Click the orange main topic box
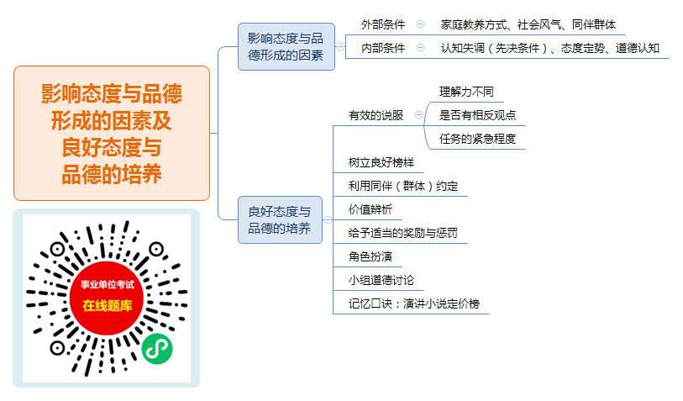point(112,134)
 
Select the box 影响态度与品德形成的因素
point(286,46)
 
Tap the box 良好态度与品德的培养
point(280,219)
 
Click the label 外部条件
point(383,24)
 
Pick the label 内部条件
point(383,48)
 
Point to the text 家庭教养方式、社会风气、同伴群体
point(528,24)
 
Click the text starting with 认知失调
point(549,48)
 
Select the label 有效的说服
point(376,115)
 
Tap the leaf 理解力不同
point(466,92)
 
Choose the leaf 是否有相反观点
point(477,115)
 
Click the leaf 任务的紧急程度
point(477,139)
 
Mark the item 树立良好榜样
point(381,162)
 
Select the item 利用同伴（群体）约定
point(403,186)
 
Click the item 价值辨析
point(370,209)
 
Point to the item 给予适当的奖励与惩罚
point(402,233)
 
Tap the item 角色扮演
point(370,256)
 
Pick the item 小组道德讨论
point(381,280)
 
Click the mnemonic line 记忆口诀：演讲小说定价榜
point(414,303)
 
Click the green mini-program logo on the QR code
point(157,349)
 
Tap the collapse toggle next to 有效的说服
point(418,114)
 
